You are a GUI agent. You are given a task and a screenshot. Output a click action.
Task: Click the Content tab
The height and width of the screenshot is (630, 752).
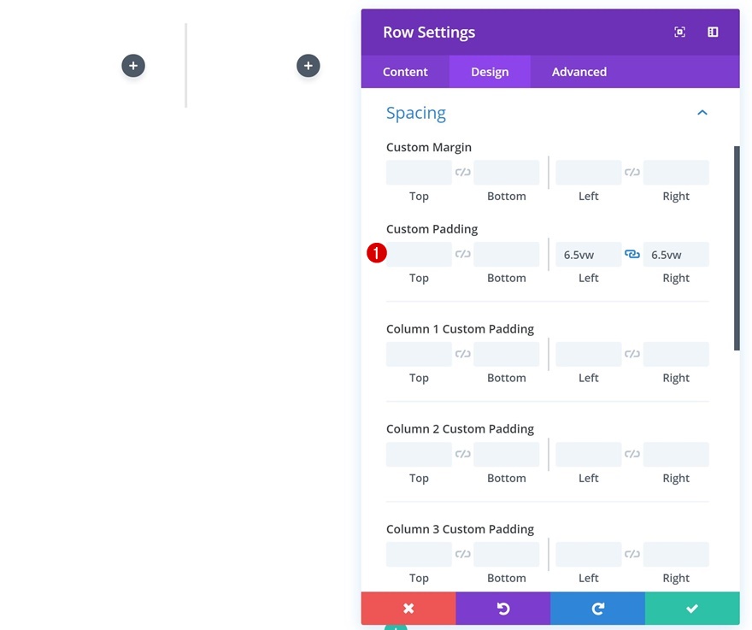[405, 72]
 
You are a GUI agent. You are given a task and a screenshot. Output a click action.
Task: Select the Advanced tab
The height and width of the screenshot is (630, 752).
[579, 72]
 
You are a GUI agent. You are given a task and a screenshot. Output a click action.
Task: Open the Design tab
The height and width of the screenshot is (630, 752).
[490, 72]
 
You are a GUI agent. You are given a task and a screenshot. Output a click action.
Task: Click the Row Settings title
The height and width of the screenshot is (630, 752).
[429, 32]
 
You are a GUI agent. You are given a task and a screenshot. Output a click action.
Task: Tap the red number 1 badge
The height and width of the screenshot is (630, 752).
[377, 253]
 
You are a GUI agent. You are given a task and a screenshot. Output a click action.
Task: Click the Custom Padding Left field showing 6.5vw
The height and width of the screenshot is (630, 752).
[588, 255]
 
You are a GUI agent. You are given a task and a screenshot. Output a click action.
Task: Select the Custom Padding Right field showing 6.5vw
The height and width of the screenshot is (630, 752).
[676, 255]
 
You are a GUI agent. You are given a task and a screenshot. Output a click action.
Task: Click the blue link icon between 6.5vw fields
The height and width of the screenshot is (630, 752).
[632, 255]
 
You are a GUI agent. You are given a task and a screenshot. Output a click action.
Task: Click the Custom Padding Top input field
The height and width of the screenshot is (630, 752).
[419, 255]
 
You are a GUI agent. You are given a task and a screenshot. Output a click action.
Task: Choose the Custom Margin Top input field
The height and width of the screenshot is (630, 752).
[419, 173]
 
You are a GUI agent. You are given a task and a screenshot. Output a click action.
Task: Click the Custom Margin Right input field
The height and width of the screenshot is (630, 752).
[676, 173]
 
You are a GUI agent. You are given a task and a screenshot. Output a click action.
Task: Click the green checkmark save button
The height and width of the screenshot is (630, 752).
[692, 609]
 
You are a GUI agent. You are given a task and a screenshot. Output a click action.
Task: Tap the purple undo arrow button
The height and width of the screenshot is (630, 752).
[503, 609]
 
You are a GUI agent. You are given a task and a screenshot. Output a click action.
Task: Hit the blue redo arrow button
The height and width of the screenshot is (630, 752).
[597, 609]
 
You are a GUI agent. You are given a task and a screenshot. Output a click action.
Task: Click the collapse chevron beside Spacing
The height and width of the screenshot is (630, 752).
[702, 113]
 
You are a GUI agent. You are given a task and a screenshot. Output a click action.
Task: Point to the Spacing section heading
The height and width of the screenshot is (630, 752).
[416, 113]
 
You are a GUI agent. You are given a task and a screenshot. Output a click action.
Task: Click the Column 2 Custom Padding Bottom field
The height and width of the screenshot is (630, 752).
[507, 455]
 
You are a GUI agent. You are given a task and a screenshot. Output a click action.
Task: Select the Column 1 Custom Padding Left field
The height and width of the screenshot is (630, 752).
[588, 355]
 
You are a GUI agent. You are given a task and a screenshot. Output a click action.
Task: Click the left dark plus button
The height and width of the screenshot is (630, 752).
[133, 66]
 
